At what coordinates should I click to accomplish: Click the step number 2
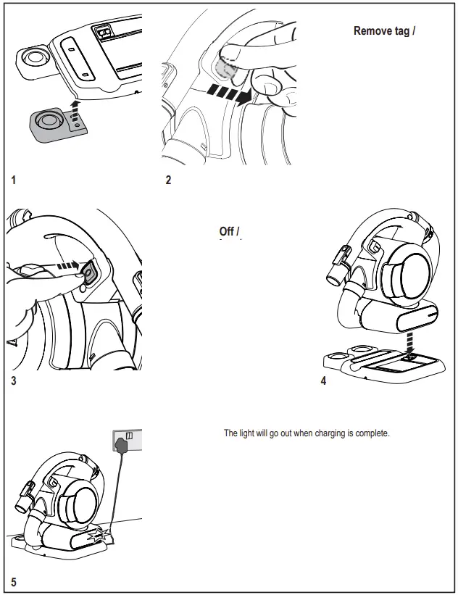click(168, 180)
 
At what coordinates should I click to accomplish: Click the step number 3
click(13, 382)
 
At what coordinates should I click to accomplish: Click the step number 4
click(323, 382)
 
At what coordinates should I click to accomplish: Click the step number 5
click(13, 582)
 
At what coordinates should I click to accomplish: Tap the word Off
click(227, 232)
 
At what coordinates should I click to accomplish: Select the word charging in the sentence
click(322, 433)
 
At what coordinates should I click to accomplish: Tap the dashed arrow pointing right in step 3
click(66, 266)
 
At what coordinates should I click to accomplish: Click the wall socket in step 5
click(128, 439)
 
